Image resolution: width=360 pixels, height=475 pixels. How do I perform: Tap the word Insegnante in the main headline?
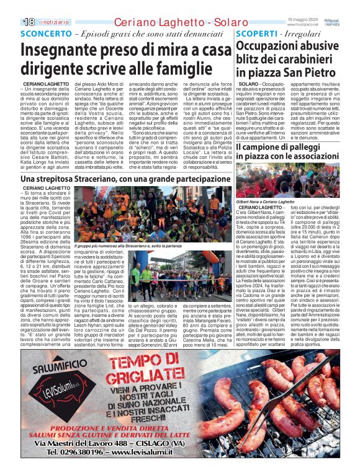pos(64,50)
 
